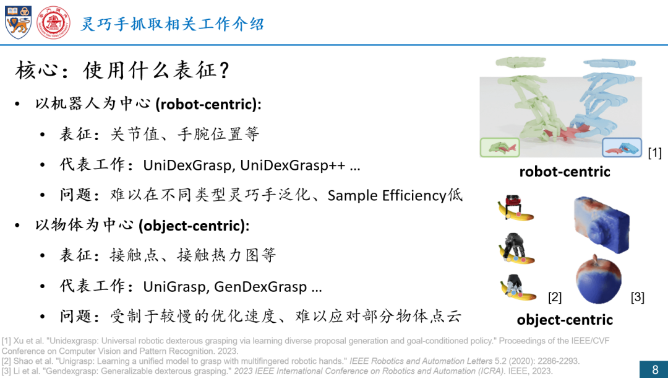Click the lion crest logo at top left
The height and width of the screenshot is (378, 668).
19,22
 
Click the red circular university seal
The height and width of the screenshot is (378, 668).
53,22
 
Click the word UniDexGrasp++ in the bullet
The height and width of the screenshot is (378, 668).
293,165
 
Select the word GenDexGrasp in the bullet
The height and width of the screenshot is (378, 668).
260,286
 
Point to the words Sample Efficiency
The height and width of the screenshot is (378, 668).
387,195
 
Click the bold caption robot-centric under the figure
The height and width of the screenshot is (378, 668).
565,172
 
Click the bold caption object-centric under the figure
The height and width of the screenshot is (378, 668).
565,320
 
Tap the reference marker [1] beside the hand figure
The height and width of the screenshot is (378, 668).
655,152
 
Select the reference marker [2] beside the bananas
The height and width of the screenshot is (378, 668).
555,297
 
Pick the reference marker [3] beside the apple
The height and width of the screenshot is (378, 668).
637,297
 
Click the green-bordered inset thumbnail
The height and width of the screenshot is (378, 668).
500,147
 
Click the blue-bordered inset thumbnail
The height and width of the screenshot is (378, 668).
622,147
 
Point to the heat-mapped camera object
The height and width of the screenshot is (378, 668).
601,224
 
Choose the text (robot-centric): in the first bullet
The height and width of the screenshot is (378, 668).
208,104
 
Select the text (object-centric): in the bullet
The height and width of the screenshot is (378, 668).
194,226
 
